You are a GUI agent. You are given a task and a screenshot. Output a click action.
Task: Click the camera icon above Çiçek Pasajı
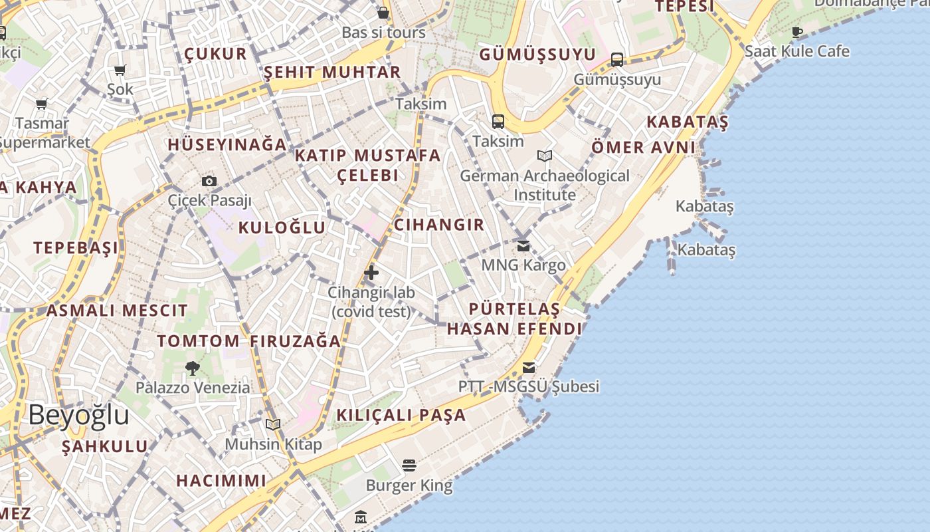[x=209, y=181]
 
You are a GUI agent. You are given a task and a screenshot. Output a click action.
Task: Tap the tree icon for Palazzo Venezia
[x=193, y=367]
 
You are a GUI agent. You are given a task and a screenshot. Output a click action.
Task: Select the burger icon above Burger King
[x=409, y=465]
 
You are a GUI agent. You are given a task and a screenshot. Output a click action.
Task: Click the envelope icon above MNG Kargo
[x=523, y=246]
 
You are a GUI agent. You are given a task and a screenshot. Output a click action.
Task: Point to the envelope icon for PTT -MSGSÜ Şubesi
[x=529, y=367]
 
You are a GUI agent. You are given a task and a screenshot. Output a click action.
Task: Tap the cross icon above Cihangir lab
[x=371, y=272]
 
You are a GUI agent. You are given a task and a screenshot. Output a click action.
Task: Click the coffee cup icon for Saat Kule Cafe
[x=797, y=32]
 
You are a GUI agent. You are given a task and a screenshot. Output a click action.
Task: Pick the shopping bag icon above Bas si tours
[x=383, y=13]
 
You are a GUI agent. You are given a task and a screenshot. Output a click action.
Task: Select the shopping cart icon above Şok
[x=120, y=70]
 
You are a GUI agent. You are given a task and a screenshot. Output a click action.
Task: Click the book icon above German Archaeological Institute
[x=545, y=156]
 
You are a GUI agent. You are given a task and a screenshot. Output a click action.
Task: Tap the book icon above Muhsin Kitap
[x=273, y=424]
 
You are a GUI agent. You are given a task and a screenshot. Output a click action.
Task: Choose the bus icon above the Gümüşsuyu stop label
[x=617, y=60]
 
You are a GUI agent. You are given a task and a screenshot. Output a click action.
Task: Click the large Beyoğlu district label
[x=78, y=415]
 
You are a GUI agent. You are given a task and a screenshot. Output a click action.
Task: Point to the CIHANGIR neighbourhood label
[x=439, y=225]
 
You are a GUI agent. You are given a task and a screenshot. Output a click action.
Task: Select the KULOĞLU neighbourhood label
[x=282, y=227]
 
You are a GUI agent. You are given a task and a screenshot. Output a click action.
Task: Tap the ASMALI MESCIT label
[x=117, y=310]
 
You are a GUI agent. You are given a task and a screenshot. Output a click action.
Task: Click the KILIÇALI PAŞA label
[x=401, y=415]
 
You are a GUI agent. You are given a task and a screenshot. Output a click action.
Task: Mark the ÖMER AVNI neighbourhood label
[x=644, y=147]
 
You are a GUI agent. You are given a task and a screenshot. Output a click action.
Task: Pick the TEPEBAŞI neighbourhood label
[x=76, y=248]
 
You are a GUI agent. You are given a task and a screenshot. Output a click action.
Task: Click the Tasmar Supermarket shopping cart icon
[x=42, y=104]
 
